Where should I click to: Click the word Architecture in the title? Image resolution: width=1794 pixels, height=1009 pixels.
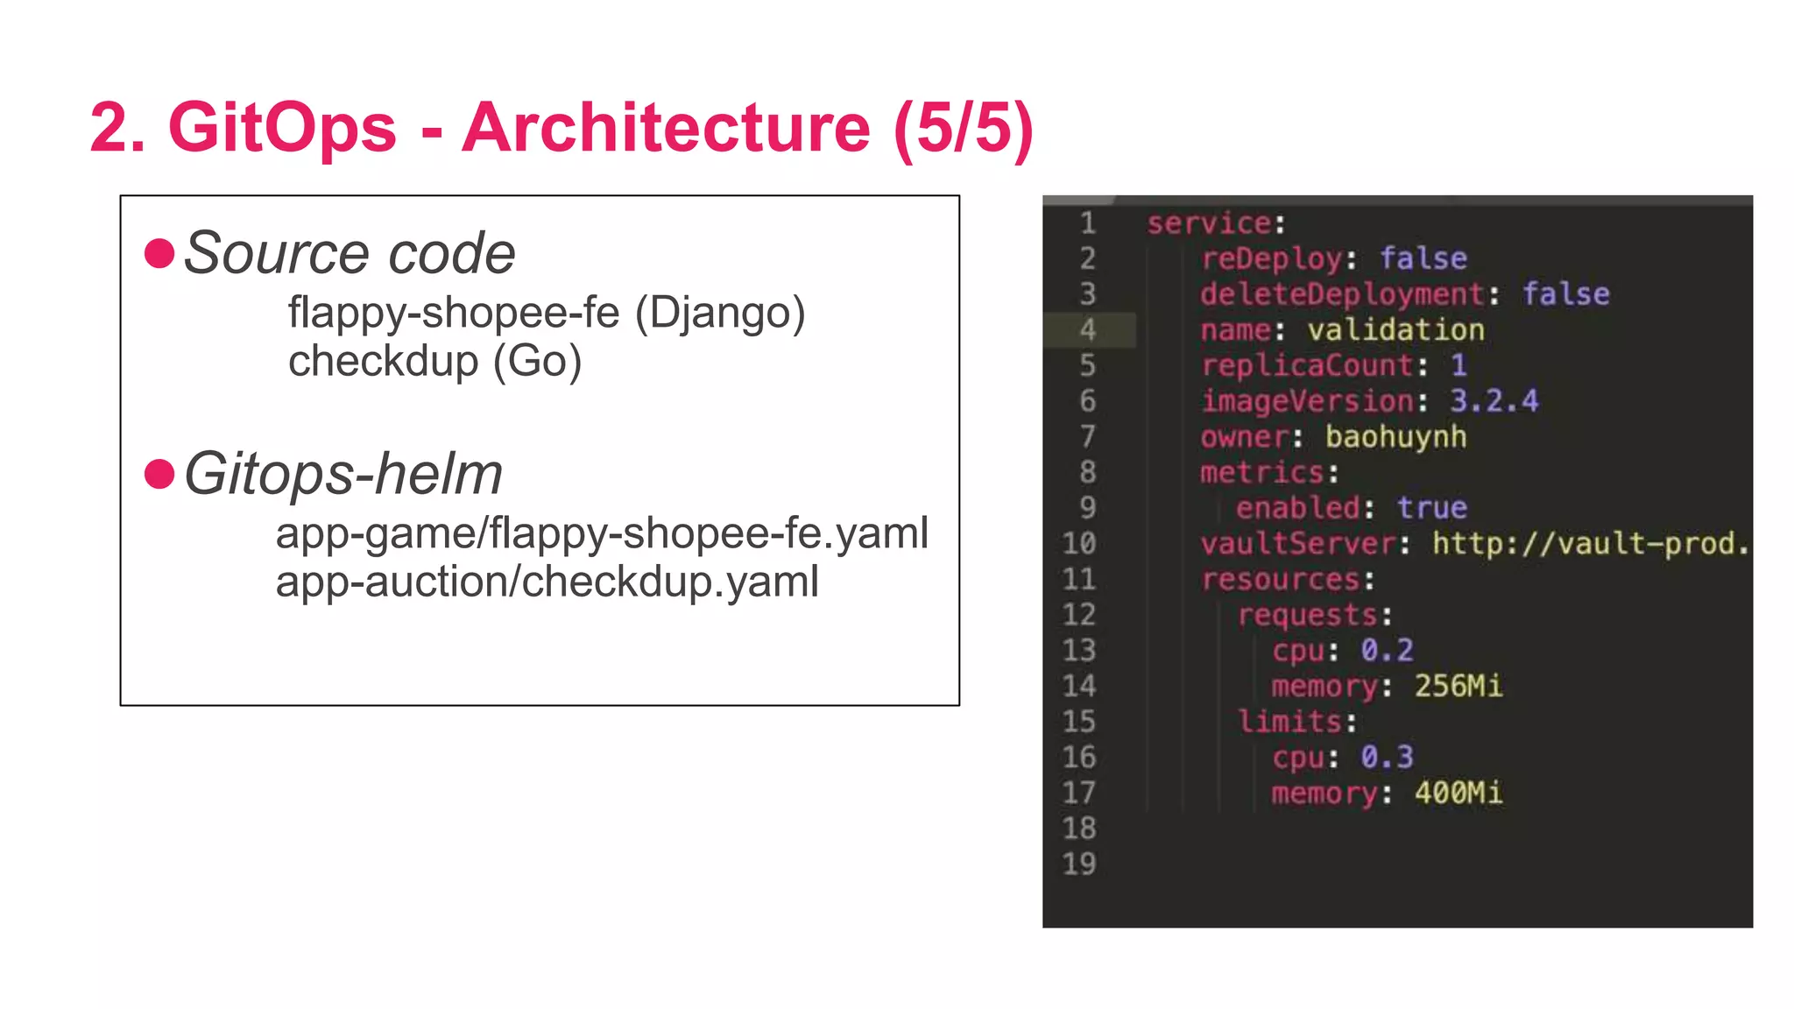point(666,128)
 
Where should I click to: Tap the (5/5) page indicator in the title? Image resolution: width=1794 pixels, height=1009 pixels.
point(964,128)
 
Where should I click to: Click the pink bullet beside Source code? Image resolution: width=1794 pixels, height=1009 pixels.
point(159,254)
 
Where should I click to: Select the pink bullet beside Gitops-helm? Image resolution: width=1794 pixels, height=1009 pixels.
point(159,475)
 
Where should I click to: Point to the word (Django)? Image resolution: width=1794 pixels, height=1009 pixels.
point(719,313)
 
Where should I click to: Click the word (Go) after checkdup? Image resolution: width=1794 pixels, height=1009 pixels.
point(537,361)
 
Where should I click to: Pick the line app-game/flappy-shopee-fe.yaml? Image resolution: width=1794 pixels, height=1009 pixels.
point(602,533)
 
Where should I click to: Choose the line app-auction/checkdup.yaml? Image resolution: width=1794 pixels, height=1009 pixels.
point(547,582)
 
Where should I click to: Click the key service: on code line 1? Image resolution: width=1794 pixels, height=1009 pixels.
point(1216,223)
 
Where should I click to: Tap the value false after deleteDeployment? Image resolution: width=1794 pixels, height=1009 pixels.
point(1565,294)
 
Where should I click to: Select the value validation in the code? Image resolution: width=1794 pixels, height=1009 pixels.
point(1395,330)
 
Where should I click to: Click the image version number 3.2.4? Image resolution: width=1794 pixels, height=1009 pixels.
point(1494,401)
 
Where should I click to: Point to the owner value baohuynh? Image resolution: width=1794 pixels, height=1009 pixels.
point(1395,436)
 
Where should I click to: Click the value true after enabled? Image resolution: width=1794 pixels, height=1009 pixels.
point(1431,508)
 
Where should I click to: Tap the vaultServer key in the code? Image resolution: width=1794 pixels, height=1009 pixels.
point(1297,544)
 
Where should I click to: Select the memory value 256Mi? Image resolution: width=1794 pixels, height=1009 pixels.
point(1458,686)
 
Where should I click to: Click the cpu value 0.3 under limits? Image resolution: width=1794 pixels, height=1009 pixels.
point(1387,757)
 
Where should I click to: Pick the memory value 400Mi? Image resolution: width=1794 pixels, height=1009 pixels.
point(1458,793)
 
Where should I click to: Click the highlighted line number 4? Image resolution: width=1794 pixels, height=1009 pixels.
point(1087,330)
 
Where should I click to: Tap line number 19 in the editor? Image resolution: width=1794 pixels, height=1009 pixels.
point(1079,864)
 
